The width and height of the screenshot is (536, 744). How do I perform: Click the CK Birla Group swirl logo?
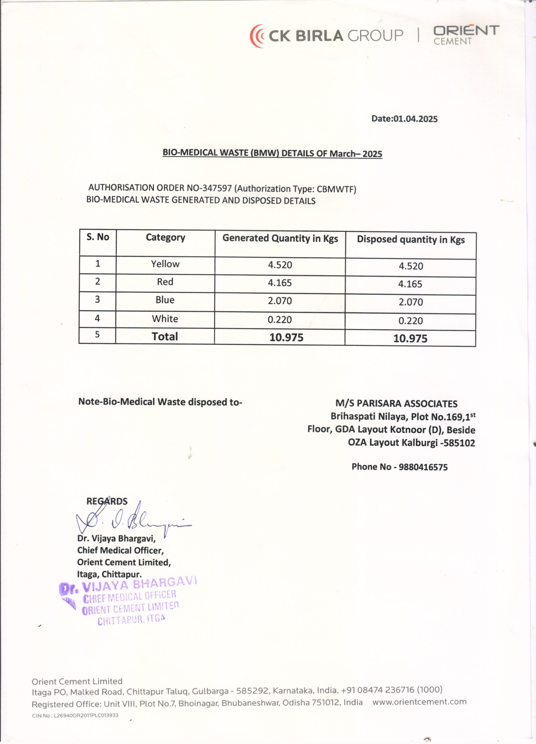tap(257, 36)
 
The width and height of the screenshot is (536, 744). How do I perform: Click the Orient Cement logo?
tap(466, 35)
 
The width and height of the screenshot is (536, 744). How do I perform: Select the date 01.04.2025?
tap(415, 119)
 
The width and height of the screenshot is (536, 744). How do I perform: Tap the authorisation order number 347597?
tap(217, 188)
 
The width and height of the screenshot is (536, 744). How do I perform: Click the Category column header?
tap(165, 237)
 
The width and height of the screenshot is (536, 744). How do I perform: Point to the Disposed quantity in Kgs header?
tap(410, 239)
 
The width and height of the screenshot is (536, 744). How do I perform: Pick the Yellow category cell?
tap(165, 264)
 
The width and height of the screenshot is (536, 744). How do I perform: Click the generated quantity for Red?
tap(280, 283)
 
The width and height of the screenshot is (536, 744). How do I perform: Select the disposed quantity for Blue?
tap(410, 302)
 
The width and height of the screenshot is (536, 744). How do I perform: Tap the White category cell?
tap(165, 319)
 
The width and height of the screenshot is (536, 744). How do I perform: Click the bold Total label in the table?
tap(164, 337)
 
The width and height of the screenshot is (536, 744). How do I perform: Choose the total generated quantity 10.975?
tap(286, 337)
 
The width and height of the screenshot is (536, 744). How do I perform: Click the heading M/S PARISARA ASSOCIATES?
tap(396, 404)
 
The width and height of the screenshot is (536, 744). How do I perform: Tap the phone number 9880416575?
tap(423, 467)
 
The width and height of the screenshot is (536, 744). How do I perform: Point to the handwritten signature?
tap(131, 522)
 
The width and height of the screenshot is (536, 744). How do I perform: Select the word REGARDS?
tap(107, 501)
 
